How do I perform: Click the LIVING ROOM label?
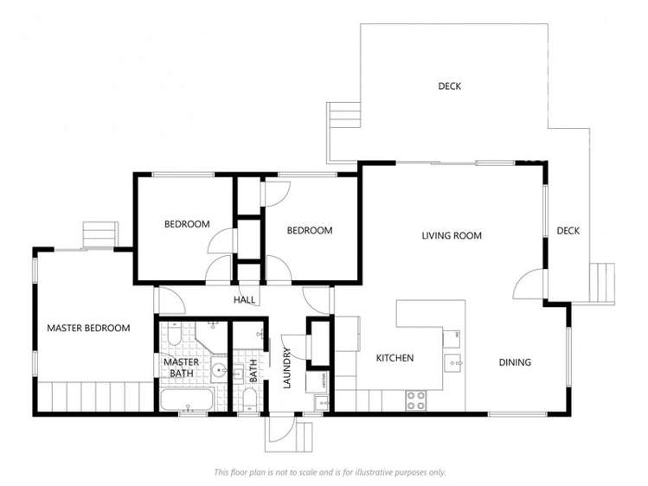pos(451,235)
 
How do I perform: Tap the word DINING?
pos(515,362)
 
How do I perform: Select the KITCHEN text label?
pos(395,358)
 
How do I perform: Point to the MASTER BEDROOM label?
pos(88,328)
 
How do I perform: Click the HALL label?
pos(245,300)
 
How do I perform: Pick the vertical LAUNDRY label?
pos(288,368)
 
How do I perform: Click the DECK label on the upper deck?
pos(449,86)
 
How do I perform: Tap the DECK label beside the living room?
pos(568,230)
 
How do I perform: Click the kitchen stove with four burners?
pos(416,400)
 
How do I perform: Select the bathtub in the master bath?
pos(188,400)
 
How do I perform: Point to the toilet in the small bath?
pos(248,397)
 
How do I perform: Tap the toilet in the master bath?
pos(172,334)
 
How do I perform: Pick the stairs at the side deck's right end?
pos(602,284)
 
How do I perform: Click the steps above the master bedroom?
pos(99,234)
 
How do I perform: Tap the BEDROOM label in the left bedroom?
pos(187,224)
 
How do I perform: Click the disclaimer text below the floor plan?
pos(330,472)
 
